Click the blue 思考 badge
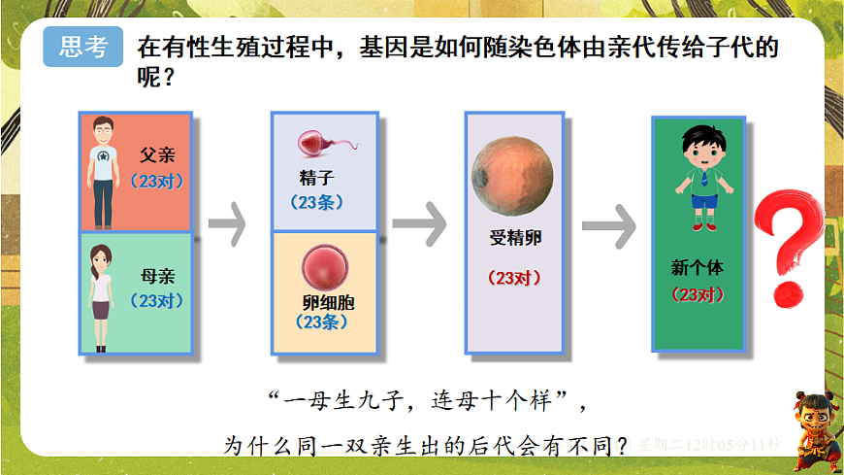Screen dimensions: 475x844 click(x=83, y=47)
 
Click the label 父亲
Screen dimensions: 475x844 click(x=157, y=155)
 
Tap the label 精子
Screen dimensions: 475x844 click(x=316, y=180)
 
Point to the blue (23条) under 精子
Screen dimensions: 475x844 click(x=317, y=203)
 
